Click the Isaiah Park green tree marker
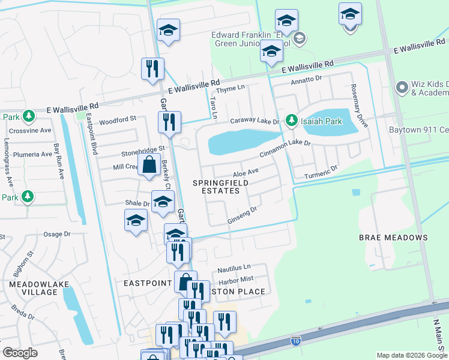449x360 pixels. (292, 121)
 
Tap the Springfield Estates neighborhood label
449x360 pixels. (216, 186)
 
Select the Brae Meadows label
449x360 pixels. (393, 238)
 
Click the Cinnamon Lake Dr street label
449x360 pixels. (285, 148)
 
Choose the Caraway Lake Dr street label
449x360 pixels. (255, 121)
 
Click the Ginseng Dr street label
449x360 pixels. (242, 217)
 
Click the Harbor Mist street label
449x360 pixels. (237, 279)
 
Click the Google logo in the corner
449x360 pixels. (20, 353)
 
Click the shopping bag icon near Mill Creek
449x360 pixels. (148, 163)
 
